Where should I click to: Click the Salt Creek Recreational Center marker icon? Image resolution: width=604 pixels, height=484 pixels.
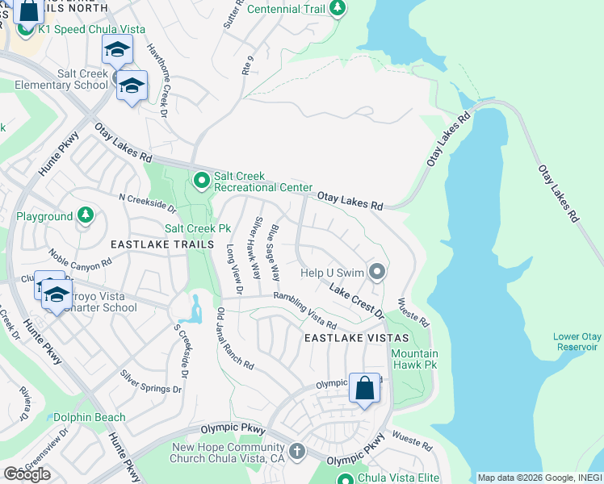(x=202, y=181)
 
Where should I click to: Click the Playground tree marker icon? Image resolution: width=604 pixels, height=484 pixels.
(x=85, y=216)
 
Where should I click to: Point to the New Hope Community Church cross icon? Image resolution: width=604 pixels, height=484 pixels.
(x=297, y=451)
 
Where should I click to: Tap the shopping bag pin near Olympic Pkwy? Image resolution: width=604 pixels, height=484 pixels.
(x=365, y=389)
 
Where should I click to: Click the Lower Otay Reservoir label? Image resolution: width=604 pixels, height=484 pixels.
(x=576, y=341)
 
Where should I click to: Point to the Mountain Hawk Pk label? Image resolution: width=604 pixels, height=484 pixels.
(x=414, y=359)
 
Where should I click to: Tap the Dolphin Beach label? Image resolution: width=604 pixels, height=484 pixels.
(x=90, y=417)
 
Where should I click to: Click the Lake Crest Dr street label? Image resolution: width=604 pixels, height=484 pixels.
(x=355, y=296)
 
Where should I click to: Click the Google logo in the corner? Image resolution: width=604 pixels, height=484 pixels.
(x=27, y=474)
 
